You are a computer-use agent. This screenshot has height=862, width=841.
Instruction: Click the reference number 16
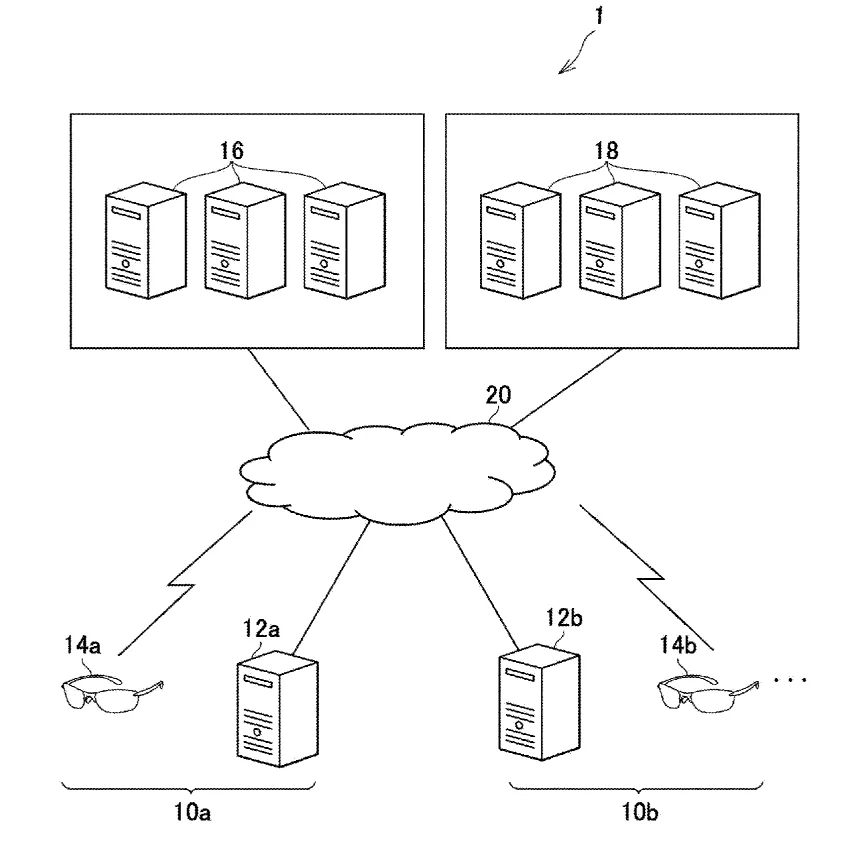point(231,150)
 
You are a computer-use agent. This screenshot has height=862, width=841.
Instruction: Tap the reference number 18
point(606,150)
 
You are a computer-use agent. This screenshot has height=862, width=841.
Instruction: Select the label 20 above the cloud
point(498,395)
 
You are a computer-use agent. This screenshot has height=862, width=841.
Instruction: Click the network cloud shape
point(397,473)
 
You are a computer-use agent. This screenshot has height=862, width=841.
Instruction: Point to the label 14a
point(82,645)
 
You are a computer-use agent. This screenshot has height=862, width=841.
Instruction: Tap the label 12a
point(261,629)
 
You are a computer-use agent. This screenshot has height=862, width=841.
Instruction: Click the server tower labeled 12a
point(278,708)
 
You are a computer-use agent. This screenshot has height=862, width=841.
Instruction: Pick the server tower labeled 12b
point(539,702)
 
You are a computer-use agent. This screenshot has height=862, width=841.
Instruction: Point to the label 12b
point(563,618)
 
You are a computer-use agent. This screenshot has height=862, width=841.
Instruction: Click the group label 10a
point(192,812)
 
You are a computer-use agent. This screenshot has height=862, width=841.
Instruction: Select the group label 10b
point(640,812)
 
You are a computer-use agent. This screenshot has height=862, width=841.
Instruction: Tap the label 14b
point(678,645)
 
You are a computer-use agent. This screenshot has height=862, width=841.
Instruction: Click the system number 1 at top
point(599,15)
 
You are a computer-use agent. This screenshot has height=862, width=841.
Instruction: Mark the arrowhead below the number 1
point(562,70)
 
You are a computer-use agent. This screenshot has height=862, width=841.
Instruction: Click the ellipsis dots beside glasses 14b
point(790,681)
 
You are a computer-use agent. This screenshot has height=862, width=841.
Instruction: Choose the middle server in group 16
point(245,241)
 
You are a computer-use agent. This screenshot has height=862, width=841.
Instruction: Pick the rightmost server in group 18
point(720,241)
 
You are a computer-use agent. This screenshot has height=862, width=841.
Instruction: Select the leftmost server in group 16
point(146,241)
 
